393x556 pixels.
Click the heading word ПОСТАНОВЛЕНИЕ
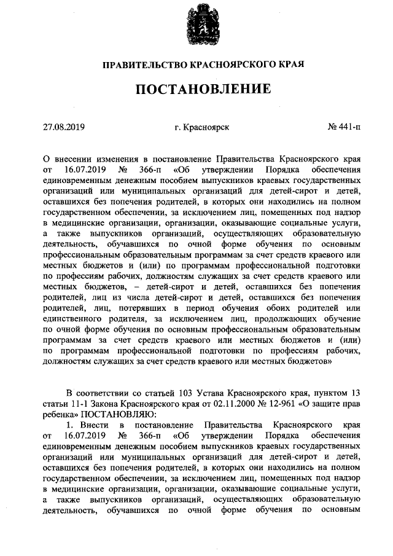click(x=203, y=90)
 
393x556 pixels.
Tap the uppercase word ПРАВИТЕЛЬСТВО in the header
click(x=139, y=64)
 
